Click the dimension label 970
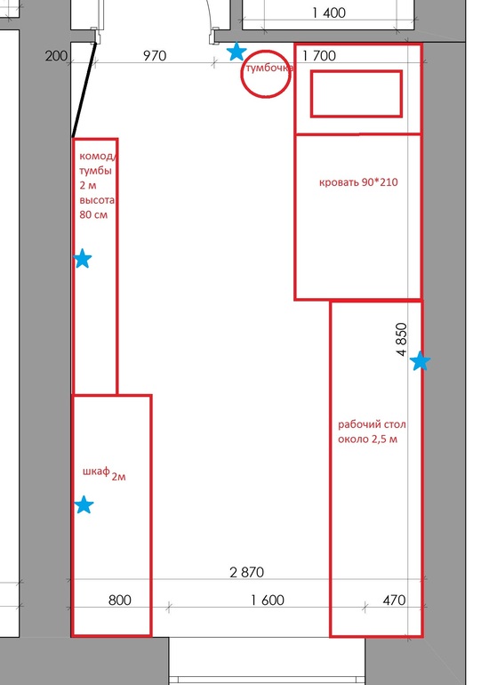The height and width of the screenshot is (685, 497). tap(155, 56)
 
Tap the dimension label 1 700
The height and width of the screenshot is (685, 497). tap(319, 56)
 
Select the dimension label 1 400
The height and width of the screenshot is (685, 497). tap(329, 13)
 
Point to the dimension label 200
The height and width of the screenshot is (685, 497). tap(56, 56)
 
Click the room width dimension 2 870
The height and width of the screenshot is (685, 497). tap(247, 572)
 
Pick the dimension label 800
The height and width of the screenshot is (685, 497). tap(120, 600)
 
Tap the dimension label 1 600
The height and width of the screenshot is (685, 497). tap(268, 600)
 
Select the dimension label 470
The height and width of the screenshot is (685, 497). tap(394, 600)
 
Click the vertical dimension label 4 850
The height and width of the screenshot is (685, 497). tap(402, 340)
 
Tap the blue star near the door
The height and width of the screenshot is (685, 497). tap(236, 52)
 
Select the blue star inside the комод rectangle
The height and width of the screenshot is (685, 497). tap(82, 259)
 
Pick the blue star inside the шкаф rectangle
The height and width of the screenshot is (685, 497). tap(84, 504)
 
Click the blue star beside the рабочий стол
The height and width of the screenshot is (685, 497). tap(421, 361)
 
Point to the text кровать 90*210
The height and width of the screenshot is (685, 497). tap(358, 182)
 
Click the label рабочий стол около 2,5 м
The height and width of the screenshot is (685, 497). tap(372, 431)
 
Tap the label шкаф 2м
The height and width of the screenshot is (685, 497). tap(104, 473)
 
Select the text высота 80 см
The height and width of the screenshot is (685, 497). tap(97, 207)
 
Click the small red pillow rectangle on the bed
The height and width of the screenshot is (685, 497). tap(357, 71)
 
